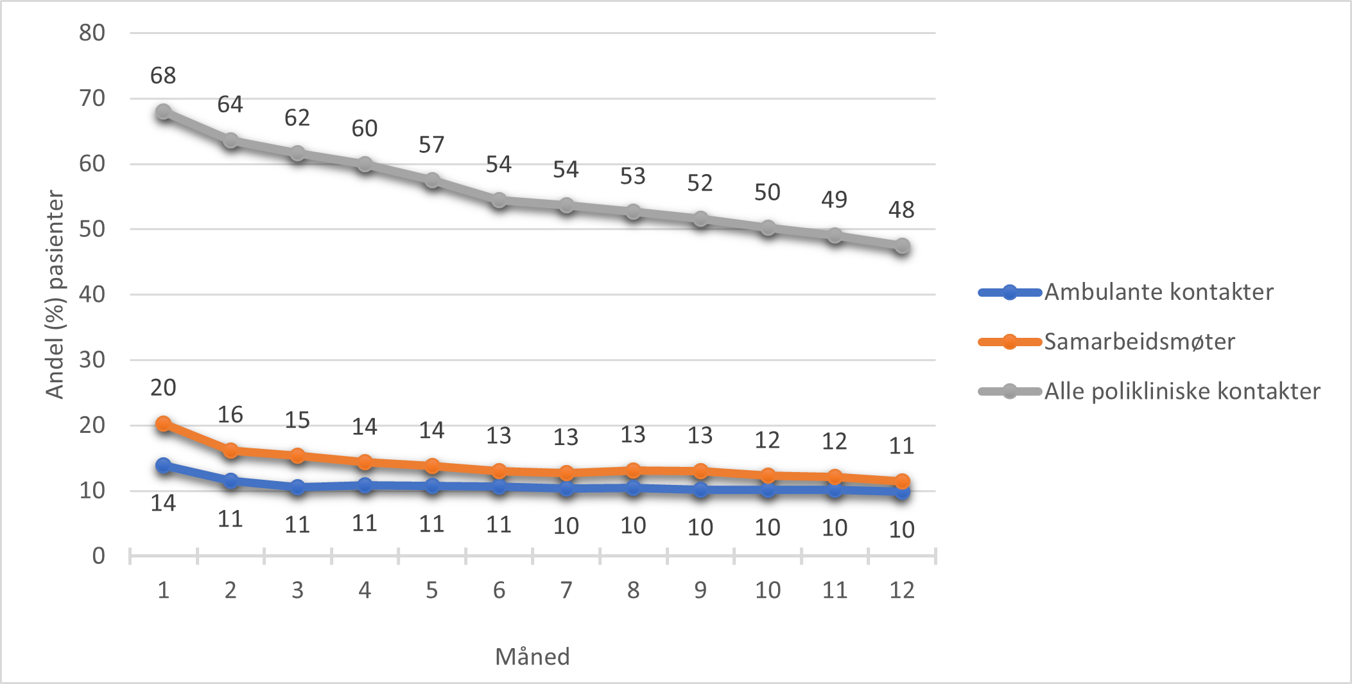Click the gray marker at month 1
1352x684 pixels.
click(x=163, y=112)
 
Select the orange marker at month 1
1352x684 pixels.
click(x=163, y=424)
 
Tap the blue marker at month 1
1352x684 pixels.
click(x=163, y=465)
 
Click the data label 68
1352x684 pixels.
click(x=163, y=76)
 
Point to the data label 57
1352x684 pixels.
click(x=431, y=145)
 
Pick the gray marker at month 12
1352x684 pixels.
click(x=902, y=246)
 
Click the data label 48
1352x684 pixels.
click(x=901, y=210)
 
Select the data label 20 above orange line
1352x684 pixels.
click(x=163, y=388)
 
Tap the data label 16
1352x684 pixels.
click(x=230, y=415)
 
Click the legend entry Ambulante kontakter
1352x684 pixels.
click(x=1158, y=292)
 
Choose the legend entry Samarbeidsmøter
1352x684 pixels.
click(x=1139, y=342)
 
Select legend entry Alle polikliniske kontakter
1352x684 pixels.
click(x=1181, y=391)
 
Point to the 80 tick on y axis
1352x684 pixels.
click(x=92, y=33)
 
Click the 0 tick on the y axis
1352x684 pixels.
click(x=98, y=556)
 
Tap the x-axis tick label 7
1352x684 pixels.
click(x=566, y=590)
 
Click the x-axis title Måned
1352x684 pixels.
click(x=532, y=656)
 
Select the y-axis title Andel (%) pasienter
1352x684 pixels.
click(x=55, y=294)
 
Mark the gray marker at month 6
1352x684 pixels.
click(x=499, y=201)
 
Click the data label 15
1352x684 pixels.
click(x=297, y=421)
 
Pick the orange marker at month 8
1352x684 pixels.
click(x=633, y=471)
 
